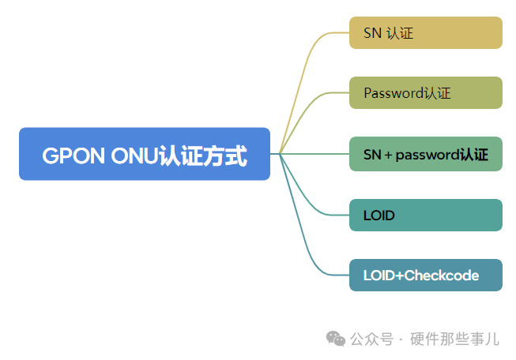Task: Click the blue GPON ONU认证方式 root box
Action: (145, 154)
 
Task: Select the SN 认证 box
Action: (425, 33)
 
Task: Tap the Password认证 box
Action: (425, 93)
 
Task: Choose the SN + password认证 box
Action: (425, 154)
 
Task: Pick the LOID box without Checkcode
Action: (425, 215)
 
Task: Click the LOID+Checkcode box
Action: (425, 276)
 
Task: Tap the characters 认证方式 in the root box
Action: (203, 156)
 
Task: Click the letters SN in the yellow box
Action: (372, 34)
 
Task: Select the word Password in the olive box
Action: (394, 93)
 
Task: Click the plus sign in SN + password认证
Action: (387, 155)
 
